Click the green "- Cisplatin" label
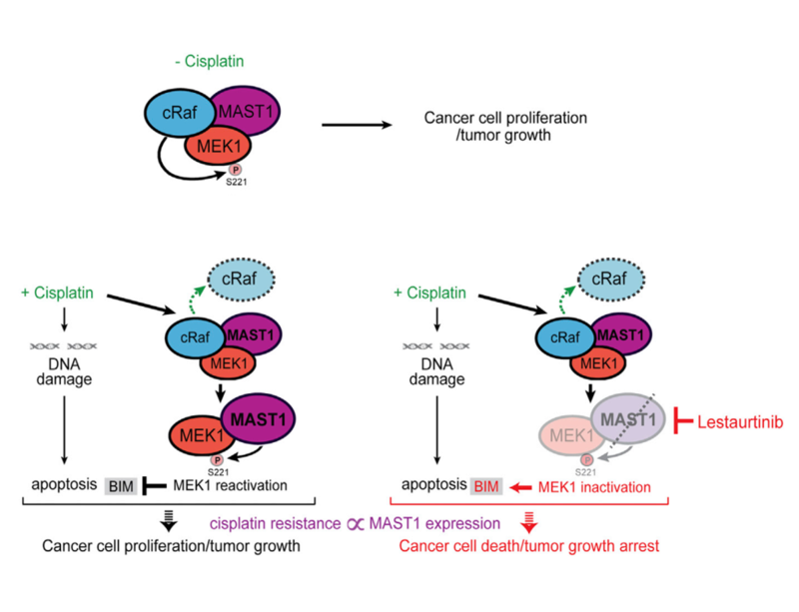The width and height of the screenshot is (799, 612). coord(208,62)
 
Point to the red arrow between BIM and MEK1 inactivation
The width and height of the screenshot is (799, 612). coord(518,486)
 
